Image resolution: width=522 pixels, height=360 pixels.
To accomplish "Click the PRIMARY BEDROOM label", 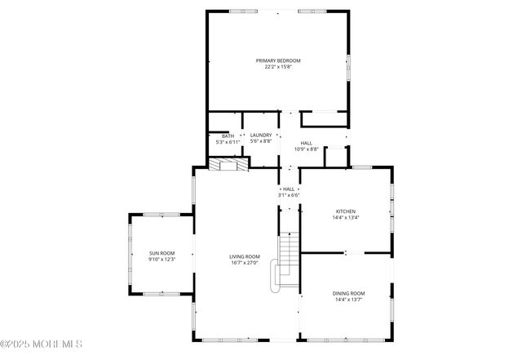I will pyautogui.click(x=278, y=61).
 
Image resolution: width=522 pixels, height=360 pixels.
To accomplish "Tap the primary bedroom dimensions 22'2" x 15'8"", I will pyautogui.click(x=278, y=68).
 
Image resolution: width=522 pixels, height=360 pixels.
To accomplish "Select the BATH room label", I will pyautogui.click(x=228, y=136).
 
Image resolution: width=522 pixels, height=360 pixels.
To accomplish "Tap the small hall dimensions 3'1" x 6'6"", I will pyautogui.click(x=289, y=195).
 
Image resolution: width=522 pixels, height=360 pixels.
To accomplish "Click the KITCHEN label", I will pyautogui.click(x=346, y=211).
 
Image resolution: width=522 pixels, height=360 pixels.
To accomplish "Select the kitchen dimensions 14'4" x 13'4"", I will pyautogui.click(x=346, y=218).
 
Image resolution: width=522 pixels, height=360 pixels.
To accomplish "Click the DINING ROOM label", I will pyautogui.click(x=348, y=293).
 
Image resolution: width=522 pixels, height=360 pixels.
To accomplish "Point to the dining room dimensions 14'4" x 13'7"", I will pyautogui.click(x=348, y=300).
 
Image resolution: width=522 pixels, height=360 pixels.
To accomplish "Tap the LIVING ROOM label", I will pyautogui.click(x=244, y=257).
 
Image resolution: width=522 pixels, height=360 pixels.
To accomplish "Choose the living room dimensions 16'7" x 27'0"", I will pyautogui.click(x=244, y=264).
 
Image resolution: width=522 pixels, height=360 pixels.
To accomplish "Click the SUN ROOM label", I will pyautogui.click(x=161, y=253).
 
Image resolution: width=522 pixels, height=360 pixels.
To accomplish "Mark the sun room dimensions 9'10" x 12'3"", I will pyautogui.click(x=161, y=260).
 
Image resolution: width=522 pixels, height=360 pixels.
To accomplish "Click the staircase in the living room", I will pyautogui.click(x=289, y=255).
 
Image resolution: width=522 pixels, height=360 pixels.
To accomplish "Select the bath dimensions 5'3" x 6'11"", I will pyautogui.click(x=228, y=143).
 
